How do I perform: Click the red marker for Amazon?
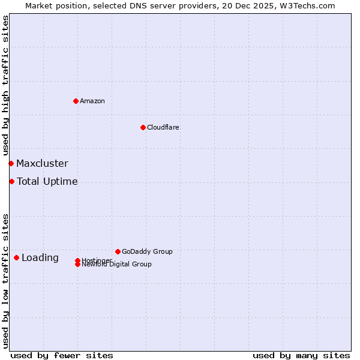pyautogui.click(x=76, y=101)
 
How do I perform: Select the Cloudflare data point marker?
pyautogui.click(x=143, y=127)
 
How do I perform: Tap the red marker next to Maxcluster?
pyautogui.click(x=11, y=163)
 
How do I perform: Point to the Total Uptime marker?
pyautogui.click(x=11, y=181)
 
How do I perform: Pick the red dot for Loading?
pyautogui.click(x=16, y=257)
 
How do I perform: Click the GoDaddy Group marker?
pyautogui.click(x=118, y=251)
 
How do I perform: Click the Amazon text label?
pyautogui.click(x=92, y=101)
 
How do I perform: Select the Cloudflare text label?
pyautogui.click(x=163, y=127)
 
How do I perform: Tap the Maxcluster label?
pyautogui.click(x=42, y=163)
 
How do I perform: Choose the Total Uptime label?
pyautogui.click(x=47, y=181)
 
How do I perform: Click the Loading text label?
pyautogui.click(x=40, y=257)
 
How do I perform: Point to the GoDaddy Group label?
pyautogui.click(x=147, y=251)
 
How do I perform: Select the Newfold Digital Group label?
pyautogui.click(x=117, y=265)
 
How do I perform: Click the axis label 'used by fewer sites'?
pyautogui.click(x=62, y=355)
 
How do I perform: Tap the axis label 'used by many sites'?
pyautogui.click(x=301, y=355)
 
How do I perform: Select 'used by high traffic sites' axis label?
pyautogui.click(x=5, y=86)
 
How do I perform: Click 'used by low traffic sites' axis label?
pyautogui.click(x=5, y=280)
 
